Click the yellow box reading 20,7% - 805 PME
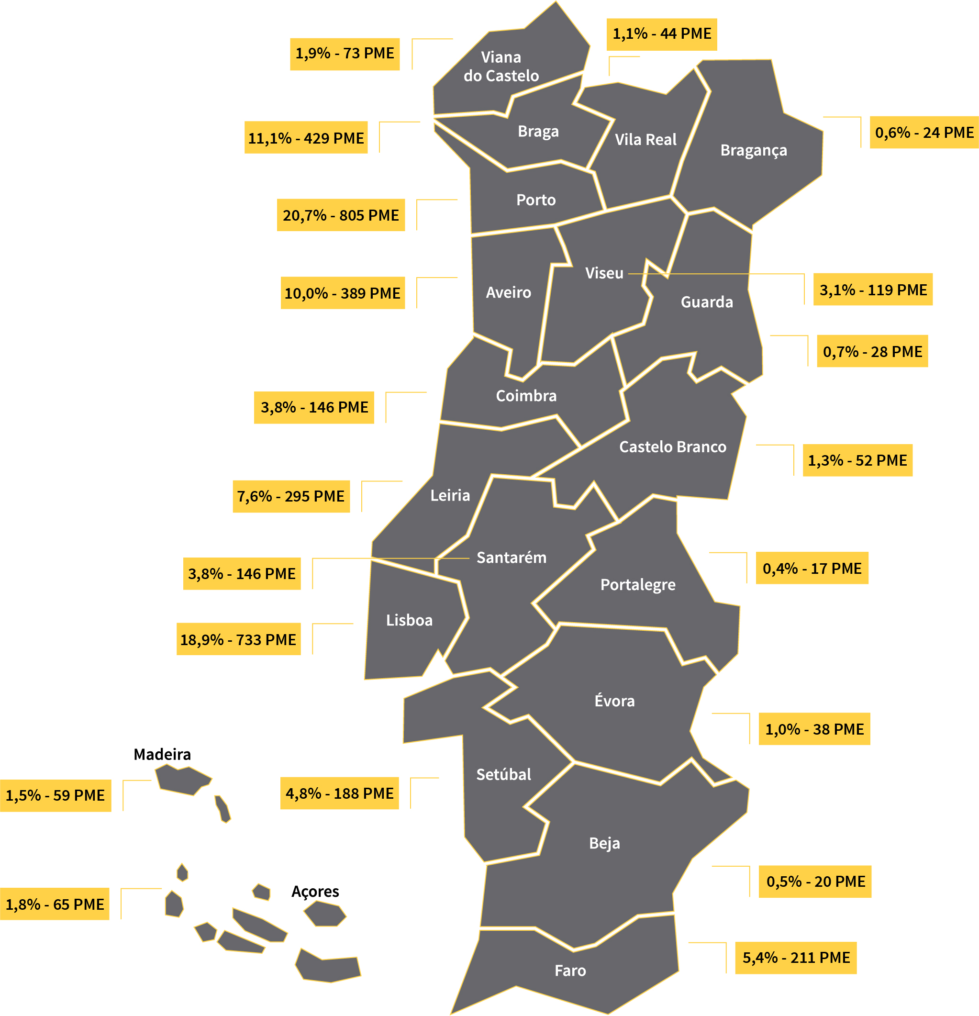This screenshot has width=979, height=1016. (341, 215)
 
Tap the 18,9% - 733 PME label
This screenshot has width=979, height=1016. (238, 639)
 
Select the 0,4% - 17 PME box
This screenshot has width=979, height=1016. (812, 568)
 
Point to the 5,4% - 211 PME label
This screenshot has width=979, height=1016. (796, 958)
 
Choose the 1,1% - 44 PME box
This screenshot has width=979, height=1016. (661, 34)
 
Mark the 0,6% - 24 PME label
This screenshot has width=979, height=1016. (923, 133)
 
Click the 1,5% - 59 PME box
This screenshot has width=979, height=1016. (56, 795)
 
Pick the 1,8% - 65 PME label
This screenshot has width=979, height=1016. (55, 904)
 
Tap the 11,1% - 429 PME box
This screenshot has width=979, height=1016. (306, 138)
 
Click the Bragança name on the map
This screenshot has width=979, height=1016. (753, 150)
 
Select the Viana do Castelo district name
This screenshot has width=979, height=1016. (501, 67)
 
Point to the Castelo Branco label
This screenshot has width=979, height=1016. (672, 447)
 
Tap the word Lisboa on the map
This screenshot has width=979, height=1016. (409, 620)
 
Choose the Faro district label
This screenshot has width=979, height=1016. (570, 971)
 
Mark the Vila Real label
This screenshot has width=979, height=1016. (645, 139)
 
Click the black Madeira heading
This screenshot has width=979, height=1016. (162, 754)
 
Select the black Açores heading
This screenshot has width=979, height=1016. (315, 891)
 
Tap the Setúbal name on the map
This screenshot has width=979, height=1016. (503, 774)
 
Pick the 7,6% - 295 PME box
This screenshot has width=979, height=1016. (291, 497)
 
